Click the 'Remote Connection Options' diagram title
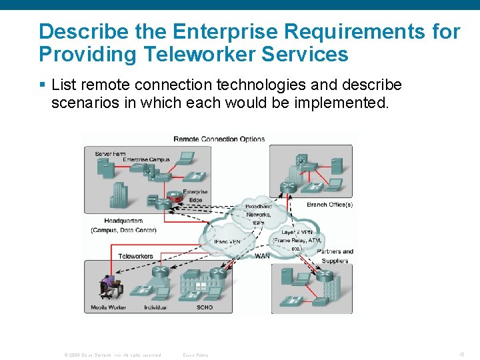click(219, 139)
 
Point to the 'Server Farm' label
click(110, 153)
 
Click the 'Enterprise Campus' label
click(147, 160)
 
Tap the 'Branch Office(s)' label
click(329, 205)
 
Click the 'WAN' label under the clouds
click(262, 255)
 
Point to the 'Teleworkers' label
click(135, 256)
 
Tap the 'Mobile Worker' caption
click(109, 308)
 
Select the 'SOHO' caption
click(205, 308)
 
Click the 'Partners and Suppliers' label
click(335, 256)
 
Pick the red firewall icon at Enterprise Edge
click(175, 198)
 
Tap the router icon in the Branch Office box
click(289, 187)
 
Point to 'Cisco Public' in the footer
click(195, 355)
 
